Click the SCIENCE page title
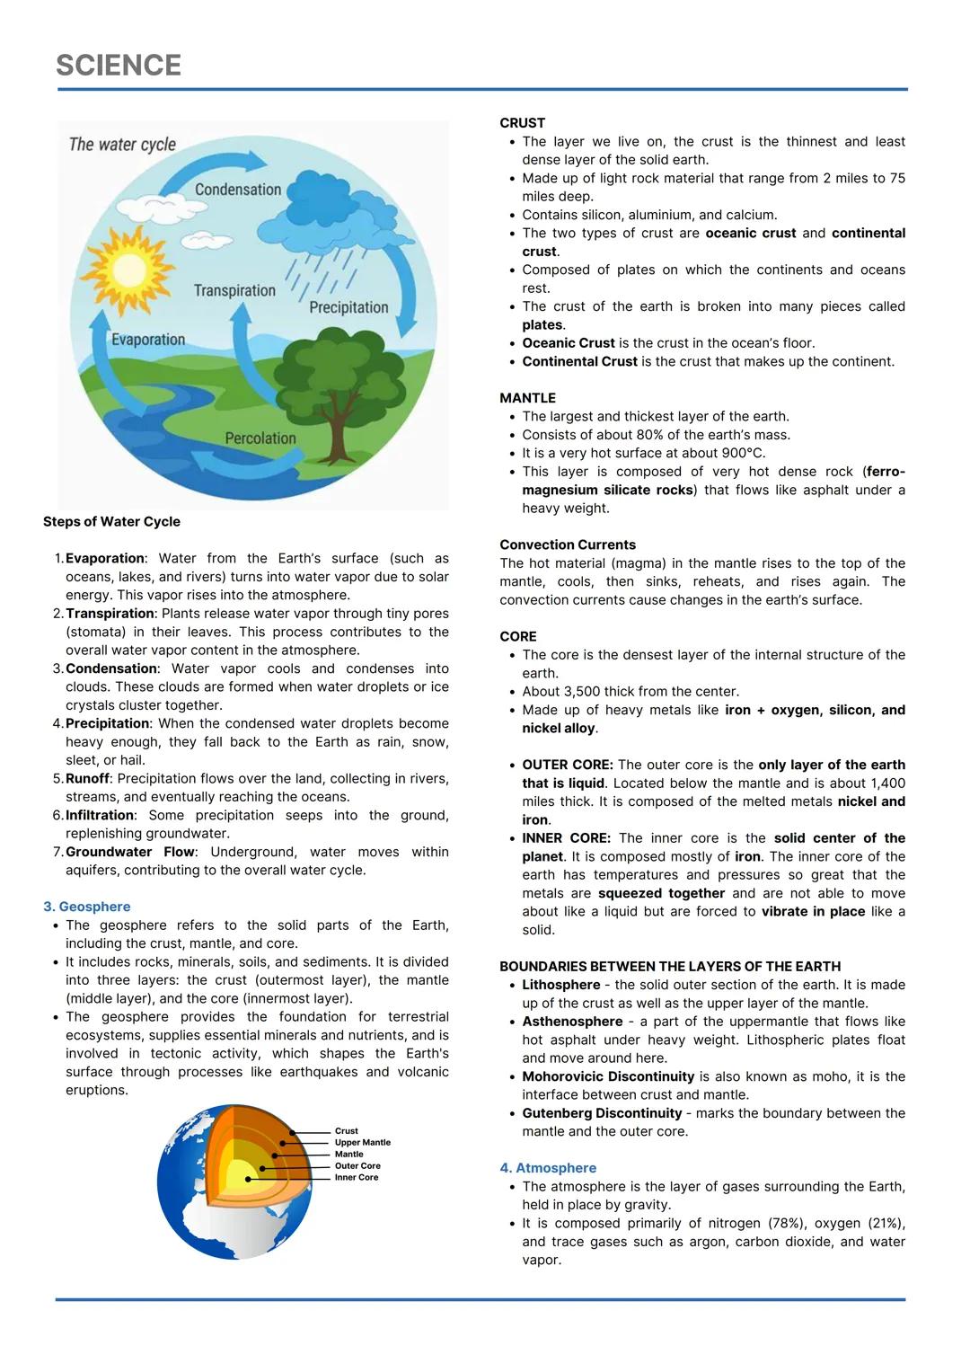tap(119, 65)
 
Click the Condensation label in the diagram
tap(238, 190)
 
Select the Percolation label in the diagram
tap(260, 438)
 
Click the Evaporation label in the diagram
tap(148, 340)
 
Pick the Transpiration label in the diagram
tap(234, 290)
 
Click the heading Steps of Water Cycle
tap(111, 522)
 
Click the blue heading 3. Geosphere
tap(87, 907)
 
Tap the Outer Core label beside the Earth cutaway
tap(357, 1166)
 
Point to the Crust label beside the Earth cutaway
tap(346, 1131)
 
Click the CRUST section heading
tap(523, 123)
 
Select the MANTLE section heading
tap(528, 398)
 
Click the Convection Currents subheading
tap(568, 545)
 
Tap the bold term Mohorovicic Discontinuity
tap(608, 1076)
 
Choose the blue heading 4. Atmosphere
tap(548, 1168)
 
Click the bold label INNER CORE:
tap(566, 838)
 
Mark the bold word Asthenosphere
tap(572, 1022)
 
